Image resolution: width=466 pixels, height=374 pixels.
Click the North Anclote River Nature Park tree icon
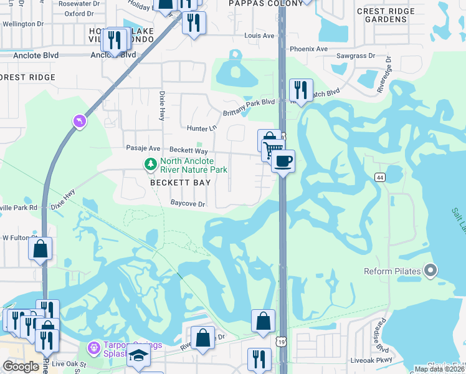click(x=150, y=165)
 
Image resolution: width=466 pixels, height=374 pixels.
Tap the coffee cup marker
click(x=283, y=161)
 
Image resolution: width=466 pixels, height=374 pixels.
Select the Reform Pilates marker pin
click(x=430, y=271)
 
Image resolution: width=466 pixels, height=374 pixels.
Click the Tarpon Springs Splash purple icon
click(x=93, y=346)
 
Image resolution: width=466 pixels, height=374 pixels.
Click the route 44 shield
click(x=379, y=178)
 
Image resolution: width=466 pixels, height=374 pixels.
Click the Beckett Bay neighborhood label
click(x=181, y=183)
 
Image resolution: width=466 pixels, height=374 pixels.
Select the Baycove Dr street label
click(x=188, y=203)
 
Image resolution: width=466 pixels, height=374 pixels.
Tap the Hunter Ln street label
click(x=201, y=128)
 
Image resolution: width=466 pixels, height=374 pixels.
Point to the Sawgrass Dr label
click(x=355, y=55)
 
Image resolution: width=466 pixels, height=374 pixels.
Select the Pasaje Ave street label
click(x=143, y=148)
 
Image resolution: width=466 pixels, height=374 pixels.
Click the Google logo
click(x=21, y=367)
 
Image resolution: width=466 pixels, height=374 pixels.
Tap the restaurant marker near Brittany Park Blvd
click(x=301, y=90)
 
